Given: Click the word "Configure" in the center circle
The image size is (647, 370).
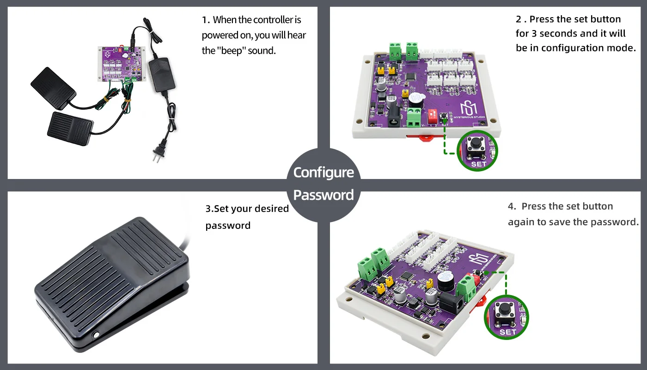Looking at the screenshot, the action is click(323, 173).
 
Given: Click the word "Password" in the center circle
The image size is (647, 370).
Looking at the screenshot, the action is click(323, 195).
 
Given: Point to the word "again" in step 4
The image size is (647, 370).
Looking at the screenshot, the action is click(521, 222).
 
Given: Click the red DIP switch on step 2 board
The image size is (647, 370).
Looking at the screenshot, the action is click(433, 117).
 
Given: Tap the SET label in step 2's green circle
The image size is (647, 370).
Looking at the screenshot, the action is click(479, 164).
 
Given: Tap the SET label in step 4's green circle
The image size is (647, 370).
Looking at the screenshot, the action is click(508, 332).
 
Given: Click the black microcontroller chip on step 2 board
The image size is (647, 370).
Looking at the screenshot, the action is click(410, 77).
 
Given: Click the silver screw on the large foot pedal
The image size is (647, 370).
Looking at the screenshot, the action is click(96, 335).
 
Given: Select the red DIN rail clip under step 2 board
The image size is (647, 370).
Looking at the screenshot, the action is click(425, 138).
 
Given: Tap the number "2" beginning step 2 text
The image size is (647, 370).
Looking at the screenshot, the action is click(519, 19).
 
